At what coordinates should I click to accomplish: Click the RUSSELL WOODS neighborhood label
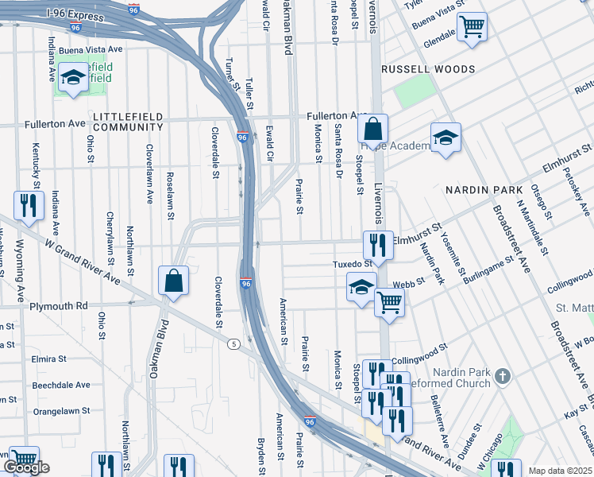click(x=428, y=69)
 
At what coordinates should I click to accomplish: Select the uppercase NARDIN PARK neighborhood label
click(x=484, y=190)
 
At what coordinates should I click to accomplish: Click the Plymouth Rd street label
click(x=59, y=306)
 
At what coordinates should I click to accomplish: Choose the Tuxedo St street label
click(x=352, y=263)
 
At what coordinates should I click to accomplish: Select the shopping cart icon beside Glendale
click(x=472, y=28)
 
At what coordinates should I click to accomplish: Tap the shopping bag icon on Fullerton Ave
click(x=372, y=129)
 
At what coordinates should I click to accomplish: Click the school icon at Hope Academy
click(x=446, y=138)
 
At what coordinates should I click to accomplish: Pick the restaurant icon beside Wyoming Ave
click(x=29, y=206)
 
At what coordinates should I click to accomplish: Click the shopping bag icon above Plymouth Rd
click(x=173, y=280)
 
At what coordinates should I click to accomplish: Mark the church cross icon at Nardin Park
click(x=501, y=374)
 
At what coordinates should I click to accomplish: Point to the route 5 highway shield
click(x=233, y=343)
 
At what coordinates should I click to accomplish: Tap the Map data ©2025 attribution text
click(x=560, y=471)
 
